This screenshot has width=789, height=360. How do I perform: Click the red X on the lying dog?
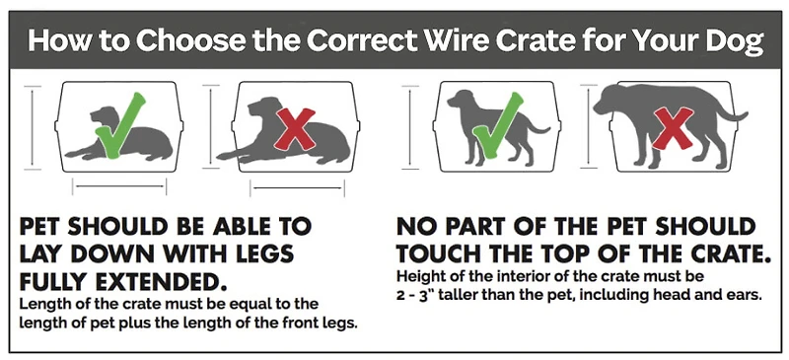(294, 129)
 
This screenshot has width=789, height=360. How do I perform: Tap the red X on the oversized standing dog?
(675, 128)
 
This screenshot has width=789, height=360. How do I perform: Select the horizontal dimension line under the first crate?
(119, 186)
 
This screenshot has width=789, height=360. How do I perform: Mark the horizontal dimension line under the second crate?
(298, 188)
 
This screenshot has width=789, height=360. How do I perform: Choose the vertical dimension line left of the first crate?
(33, 128)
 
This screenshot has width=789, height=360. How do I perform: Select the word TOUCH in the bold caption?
(443, 254)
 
